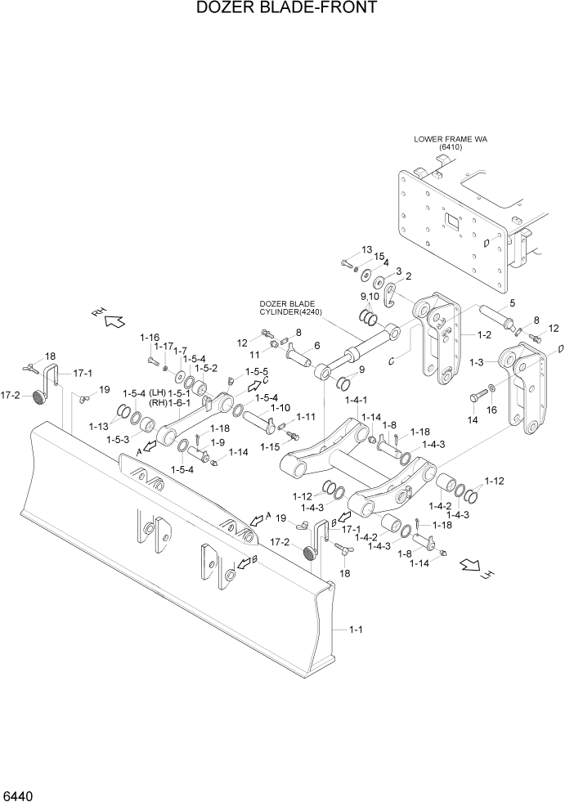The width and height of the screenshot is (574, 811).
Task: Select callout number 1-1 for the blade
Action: tap(357, 629)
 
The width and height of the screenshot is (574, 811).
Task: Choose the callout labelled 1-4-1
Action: tap(357, 401)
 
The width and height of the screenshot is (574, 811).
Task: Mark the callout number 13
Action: tap(365, 249)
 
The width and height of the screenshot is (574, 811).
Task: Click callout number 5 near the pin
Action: tap(511, 302)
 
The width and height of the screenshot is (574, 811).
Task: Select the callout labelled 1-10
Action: tap(280, 407)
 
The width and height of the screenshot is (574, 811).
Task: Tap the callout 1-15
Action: tap(270, 447)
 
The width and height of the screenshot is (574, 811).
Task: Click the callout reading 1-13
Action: tap(98, 426)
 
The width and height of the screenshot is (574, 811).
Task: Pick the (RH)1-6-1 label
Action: tap(171, 402)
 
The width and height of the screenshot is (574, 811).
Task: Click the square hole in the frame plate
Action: tap(449, 221)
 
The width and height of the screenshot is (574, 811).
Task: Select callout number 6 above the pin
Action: tap(316, 345)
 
